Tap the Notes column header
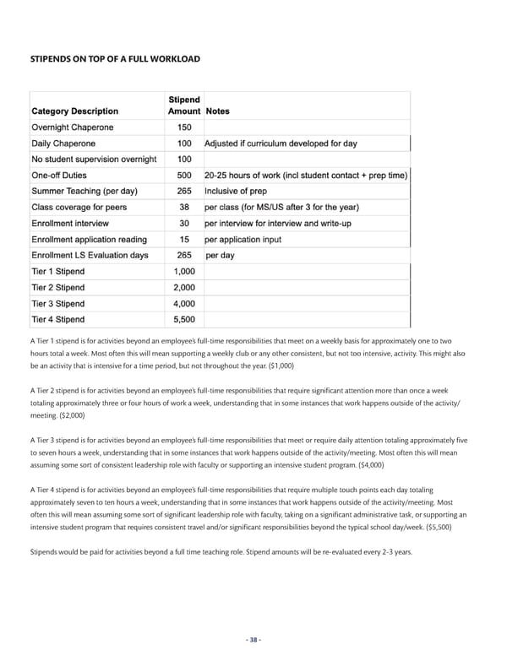tap(217, 111)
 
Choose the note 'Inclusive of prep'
tap(242, 192)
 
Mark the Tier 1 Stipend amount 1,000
tap(183, 272)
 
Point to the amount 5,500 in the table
tap(183, 320)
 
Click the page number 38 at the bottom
tap(253, 639)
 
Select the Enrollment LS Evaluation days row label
tap(90, 256)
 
